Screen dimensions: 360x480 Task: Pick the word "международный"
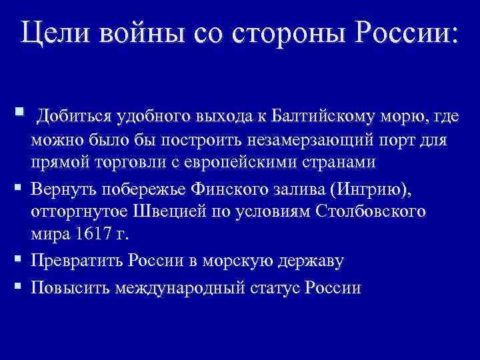coord(181,288)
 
